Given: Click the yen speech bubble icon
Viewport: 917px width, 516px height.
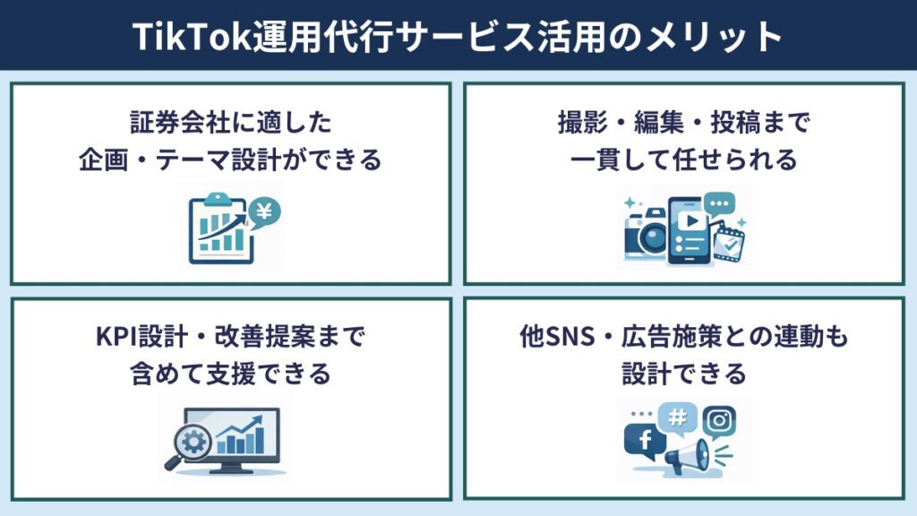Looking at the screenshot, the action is tap(264, 212).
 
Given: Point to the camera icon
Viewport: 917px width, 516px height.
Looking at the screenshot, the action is tap(646, 235).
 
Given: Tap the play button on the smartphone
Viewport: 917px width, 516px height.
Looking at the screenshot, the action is tap(692, 220).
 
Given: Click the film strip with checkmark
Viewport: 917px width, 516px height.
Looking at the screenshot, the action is tap(728, 243).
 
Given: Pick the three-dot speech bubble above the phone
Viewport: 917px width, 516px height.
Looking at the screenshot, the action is tap(719, 204).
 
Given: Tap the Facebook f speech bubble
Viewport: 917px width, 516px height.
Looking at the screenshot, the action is tap(645, 439).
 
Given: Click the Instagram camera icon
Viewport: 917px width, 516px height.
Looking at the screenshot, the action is tap(719, 422).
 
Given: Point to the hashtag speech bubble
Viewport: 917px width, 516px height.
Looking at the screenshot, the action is tap(677, 417).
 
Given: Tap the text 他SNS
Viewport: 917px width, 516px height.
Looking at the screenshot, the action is tap(557, 337).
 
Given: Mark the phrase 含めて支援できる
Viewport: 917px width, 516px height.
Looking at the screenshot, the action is tap(230, 374).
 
